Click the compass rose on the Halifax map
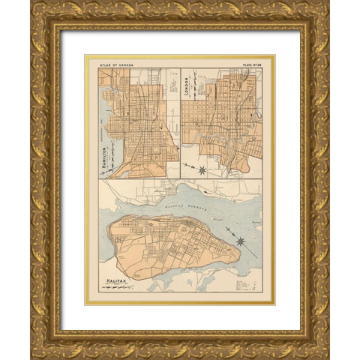pos(240,241)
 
